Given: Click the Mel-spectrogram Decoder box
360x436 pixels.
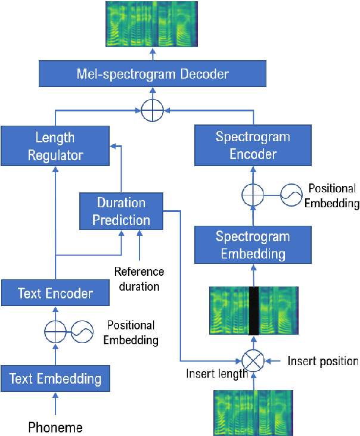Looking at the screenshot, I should tap(153, 74).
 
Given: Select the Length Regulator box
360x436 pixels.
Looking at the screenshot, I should tap(55, 146).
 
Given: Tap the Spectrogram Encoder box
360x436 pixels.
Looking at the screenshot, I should tap(253, 146).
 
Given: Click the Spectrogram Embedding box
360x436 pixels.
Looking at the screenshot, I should tap(253, 245).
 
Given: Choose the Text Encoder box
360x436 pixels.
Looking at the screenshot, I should tap(55, 293).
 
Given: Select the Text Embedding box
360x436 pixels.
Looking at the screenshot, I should tap(55, 378).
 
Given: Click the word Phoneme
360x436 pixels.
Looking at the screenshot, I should tap(55, 426).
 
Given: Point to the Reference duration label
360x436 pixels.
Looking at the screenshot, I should tap(139, 279).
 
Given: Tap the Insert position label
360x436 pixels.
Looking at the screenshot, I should tap(323, 361).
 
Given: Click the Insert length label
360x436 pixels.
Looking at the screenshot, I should tap(216, 374).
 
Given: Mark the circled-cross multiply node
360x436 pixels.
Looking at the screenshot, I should tap(253, 361).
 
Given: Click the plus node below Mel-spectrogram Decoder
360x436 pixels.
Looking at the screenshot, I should tap(153, 111).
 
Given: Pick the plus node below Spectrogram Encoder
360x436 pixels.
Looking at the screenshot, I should tap(253, 195).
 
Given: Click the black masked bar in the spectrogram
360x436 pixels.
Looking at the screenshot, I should tap(255, 311).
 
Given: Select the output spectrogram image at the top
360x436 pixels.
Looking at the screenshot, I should tap(153, 24).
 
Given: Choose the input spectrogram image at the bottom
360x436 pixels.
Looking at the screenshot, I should tap(253, 413).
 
